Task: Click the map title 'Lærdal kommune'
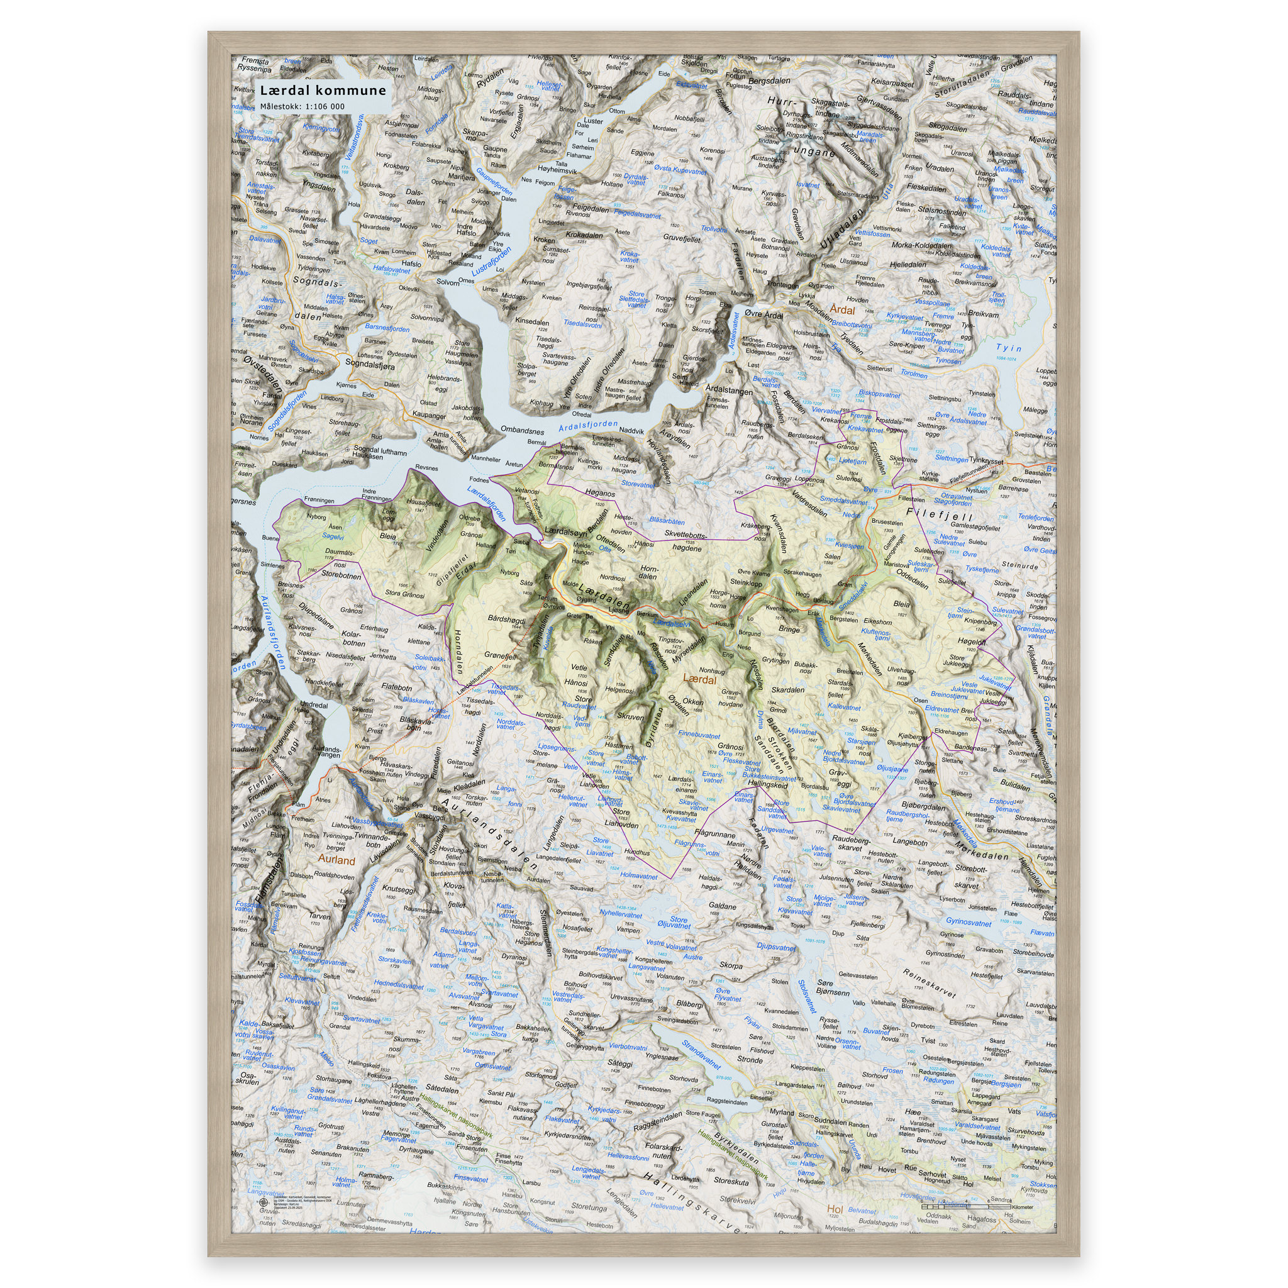pos(323,91)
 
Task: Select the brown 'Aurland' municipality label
pos(336,860)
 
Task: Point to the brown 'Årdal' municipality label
pos(842,310)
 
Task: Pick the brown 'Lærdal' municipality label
pos(700,679)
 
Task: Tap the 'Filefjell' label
pos(940,514)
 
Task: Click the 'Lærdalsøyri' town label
pos(565,531)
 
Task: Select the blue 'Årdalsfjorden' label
pos(588,426)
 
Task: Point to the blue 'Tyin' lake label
pos(1008,348)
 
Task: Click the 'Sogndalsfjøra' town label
pos(370,365)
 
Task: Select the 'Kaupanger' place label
pos(430,415)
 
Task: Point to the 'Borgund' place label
pos(749,633)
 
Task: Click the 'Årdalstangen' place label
pos(729,390)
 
